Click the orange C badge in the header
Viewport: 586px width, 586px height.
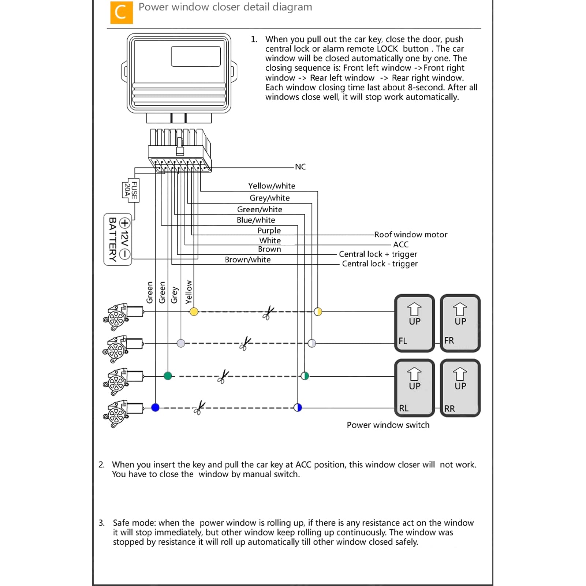pyautogui.click(x=122, y=12)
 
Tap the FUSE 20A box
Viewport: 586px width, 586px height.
pyautogui.click(x=131, y=190)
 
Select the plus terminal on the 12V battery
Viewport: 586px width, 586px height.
pyautogui.click(x=125, y=223)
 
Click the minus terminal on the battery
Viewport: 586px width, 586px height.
pyautogui.click(x=125, y=254)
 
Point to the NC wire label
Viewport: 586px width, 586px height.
pyautogui.click(x=300, y=167)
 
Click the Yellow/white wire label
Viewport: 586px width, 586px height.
pyautogui.click(x=272, y=186)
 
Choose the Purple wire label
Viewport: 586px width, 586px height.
pyautogui.click(x=269, y=231)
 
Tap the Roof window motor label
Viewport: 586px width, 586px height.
pyautogui.click(x=411, y=235)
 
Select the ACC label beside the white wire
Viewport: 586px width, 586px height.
pyautogui.click(x=401, y=245)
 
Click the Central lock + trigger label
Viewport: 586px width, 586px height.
pyautogui.click(x=378, y=254)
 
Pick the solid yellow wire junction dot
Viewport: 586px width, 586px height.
pyautogui.click(x=194, y=312)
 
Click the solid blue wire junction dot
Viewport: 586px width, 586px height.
pyautogui.click(x=155, y=407)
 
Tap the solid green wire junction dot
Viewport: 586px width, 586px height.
pyautogui.click(x=168, y=376)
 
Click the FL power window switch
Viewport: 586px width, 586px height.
pyautogui.click(x=414, y=323)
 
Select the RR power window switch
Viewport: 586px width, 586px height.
pyautogui.click(x=460, y=388)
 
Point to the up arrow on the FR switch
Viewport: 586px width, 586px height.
pyautogui.click(x=460, y=309)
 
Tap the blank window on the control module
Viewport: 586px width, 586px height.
pyautogui.click(x=196, y=56)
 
